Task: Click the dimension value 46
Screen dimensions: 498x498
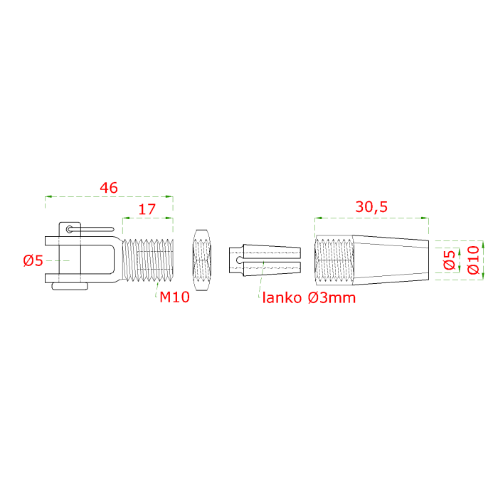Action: click(109, 188)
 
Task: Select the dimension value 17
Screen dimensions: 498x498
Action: click(147, 209)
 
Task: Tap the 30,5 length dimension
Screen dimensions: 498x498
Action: click(371, 207)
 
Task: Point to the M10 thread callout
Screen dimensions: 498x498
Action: click(175, 297)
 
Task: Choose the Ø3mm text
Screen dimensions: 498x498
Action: click(332, 298)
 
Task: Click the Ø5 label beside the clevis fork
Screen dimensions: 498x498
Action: click(33, 260)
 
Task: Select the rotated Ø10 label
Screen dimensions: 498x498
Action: click(473, 260)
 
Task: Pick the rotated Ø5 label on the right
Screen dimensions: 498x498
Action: click(450, 260)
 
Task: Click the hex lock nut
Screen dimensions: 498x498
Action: click(202, 260)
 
